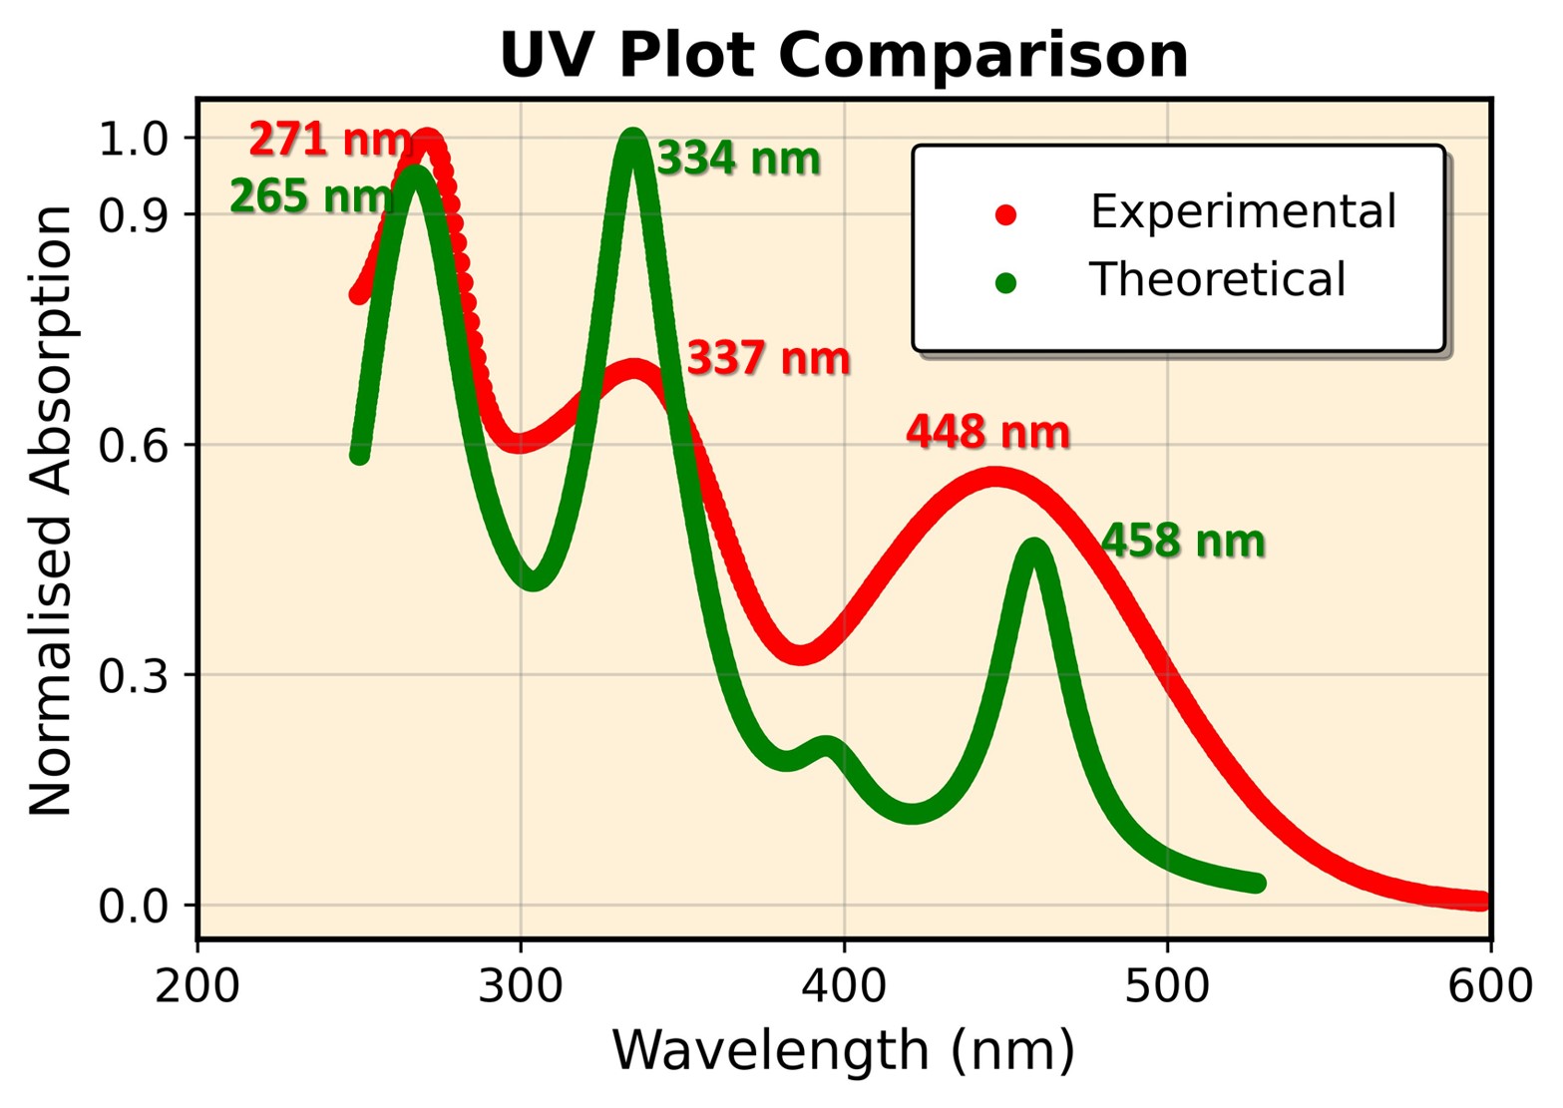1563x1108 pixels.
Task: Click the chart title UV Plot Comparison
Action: click(844, 55)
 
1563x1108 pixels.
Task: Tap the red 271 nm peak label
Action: click(329, 140)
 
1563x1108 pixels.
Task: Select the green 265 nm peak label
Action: click(311, 197)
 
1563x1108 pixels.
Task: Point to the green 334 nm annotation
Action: click(738, 159)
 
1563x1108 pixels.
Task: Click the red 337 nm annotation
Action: click(768, 358)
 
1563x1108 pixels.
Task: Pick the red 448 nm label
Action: click(987, 432)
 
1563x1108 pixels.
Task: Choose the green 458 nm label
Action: click(1183, 542)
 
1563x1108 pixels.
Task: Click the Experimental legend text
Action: click(1243, 212)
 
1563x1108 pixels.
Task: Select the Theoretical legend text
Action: click(1217, 280)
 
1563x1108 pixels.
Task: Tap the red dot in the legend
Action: click(1005, 214)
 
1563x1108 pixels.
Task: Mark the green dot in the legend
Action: click(1005, 283)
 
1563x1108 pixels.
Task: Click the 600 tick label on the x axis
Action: click(1490, 986)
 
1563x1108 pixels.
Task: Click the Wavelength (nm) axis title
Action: click(844, 1051)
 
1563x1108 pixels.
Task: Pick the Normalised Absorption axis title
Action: click(52, 511)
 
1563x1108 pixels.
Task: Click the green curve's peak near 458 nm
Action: click(1034, 550)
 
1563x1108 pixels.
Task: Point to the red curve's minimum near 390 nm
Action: click(801, 653)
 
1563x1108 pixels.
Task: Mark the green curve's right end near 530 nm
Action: click(1258, 883)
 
